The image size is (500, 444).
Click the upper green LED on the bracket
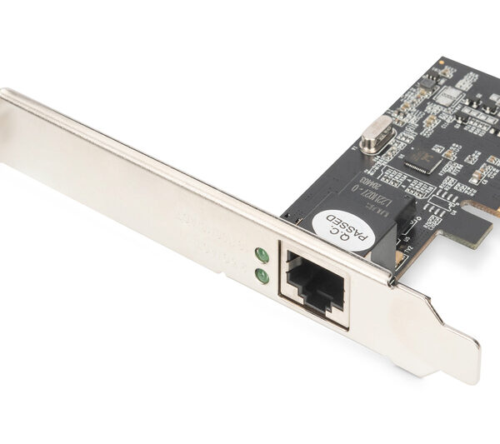click(x=261, y=256)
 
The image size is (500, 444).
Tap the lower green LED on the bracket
click(x=262, y=274)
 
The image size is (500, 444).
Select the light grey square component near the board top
click(x=448, y=97)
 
